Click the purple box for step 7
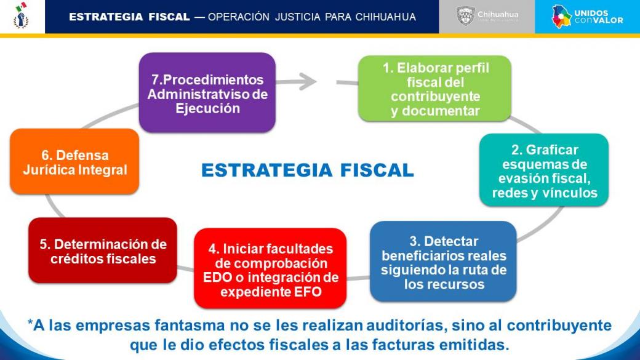coord(207,93)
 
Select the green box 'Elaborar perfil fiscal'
coord(434,89)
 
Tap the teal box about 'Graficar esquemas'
coord(544,170)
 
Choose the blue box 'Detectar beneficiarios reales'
coord(443,262)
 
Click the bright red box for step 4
coord(270,268)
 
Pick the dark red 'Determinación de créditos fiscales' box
coord(103,250)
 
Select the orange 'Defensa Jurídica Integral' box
coord(74,162)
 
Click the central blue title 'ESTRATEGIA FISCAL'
coord(308,170)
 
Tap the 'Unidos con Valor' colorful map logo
coord(561,17)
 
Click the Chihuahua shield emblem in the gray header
coord(465,17)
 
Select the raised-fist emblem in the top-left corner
coord(21,16)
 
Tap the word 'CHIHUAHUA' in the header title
coord(386,17)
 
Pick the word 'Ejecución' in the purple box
coord(208,108)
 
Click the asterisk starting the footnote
coord(30,323)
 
